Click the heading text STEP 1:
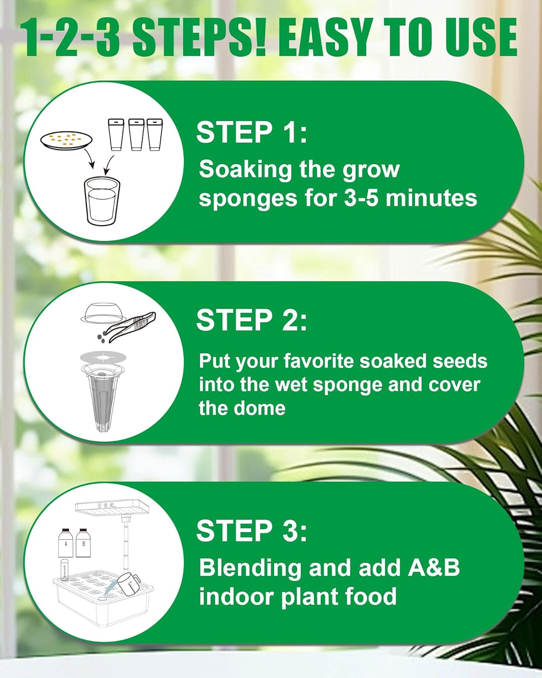[252, 132]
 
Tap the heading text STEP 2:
[252, 320]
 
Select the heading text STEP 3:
[252, 531]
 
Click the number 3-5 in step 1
[361, 198]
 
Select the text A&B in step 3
[434, 568]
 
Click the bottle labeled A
[66, 542]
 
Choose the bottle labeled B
[84, 542]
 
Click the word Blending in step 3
[250, 568]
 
